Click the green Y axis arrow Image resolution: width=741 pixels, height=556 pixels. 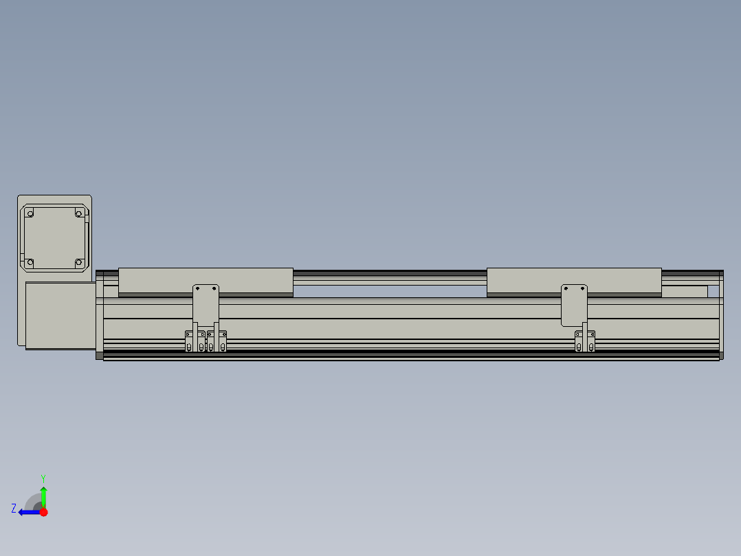[x=43, y=495]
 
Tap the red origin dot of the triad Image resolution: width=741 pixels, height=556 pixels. [x=43, y=512]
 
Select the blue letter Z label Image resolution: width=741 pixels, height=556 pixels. [x=14, y=509]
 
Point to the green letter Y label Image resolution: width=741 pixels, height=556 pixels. [x=43, y=478]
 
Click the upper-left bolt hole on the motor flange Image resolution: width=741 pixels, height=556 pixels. [x=30, y=214]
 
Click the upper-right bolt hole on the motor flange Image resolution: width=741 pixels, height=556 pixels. [x=79, y=214]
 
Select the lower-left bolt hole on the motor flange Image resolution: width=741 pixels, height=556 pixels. [x=30, y=262]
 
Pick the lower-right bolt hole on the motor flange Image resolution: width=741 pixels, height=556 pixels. [x=79, y=262]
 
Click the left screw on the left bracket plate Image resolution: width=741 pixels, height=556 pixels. [x=197, y=288]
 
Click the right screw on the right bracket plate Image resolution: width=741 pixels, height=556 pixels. [x=583, y=289]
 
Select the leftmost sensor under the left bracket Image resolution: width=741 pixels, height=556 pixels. [x=189, y=341]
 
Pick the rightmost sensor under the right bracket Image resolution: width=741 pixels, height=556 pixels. [x=590, y=341]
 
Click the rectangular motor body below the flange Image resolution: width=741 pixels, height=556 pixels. [x=60, y=315]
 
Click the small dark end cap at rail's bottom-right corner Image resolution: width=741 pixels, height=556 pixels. [x=721, y=355]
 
